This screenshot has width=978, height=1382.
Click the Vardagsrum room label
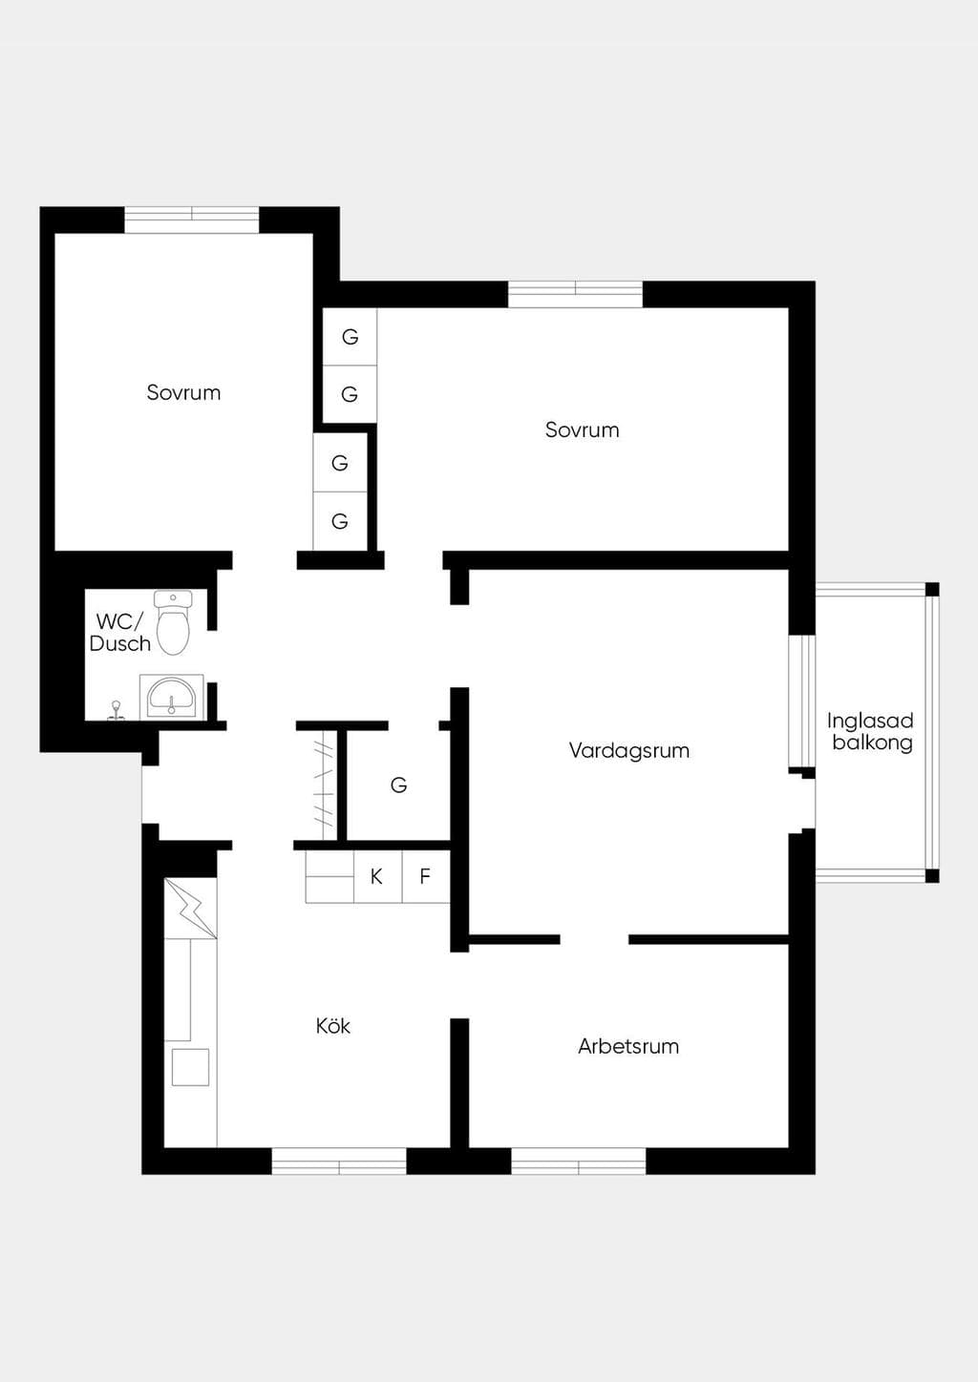[x=629, y=751]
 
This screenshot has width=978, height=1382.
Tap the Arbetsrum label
[x=628, y=1046]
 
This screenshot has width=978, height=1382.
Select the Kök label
[x=332, y=1025]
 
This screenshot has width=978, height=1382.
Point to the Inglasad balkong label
[x=870, y=731]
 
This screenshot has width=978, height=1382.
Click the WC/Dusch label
[x=119, y=633]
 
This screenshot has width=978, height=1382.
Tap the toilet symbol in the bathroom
[x=173, y=622]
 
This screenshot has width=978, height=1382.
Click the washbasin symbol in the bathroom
[x=171, y=697]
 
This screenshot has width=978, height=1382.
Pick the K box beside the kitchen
[x=377, y=876]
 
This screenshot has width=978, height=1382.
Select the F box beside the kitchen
[x=425, y=876]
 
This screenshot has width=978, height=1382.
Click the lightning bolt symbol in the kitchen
[x=191, y=909]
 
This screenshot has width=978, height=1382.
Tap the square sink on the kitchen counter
[x=190, y=1067]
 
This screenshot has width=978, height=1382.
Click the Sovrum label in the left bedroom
[x=183, y=392]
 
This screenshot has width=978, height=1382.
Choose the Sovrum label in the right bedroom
[x=582, y=429]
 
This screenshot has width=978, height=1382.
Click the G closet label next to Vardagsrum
[x=399, y=785]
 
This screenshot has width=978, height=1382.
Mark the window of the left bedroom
[x=191, y=220]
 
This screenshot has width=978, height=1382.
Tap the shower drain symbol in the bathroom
[x=116, y=711]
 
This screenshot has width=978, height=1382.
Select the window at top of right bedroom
[x=575, y=294]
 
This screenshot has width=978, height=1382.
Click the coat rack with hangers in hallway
[x=324, y=785]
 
